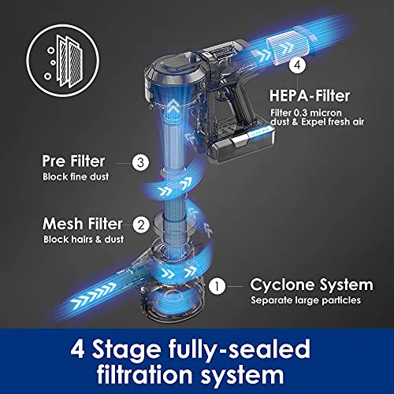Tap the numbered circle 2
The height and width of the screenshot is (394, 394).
pyautogui.click(x=140, y=224)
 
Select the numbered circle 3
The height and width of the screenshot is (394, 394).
pyautogui.click(x=140, y=164)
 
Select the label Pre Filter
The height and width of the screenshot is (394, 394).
pyautogui.click(x=73, y=162)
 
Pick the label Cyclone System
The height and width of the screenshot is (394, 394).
pyautogui.click(x=311, y=284)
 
